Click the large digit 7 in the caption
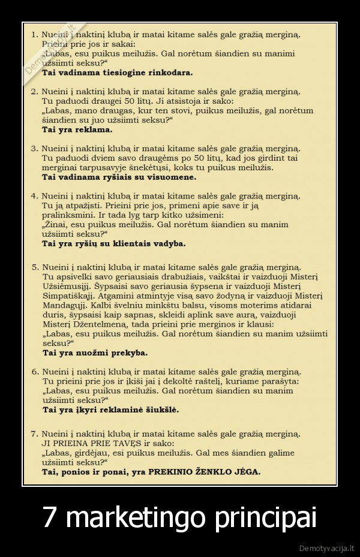point(51,517)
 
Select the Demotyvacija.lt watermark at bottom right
point(326,548)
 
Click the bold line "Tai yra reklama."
point(77,129)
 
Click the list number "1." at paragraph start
point(35,34)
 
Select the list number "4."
point(35,196)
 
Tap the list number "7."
point(35,433)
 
